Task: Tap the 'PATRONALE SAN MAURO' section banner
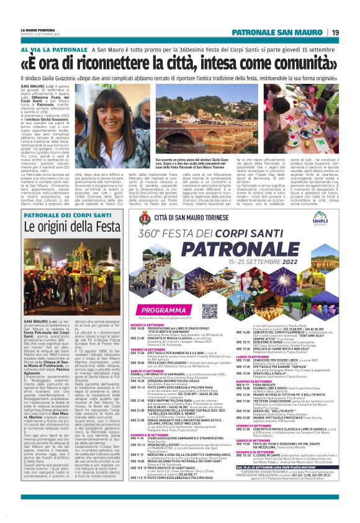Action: [288, 32]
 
